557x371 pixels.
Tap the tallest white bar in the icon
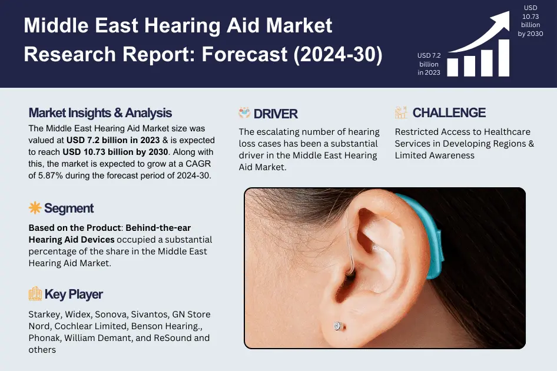503,58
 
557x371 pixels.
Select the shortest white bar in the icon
452,67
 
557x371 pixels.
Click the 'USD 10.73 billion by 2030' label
530,21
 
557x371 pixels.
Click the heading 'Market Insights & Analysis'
100,113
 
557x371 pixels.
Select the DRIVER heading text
276,114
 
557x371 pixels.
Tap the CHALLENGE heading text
449,113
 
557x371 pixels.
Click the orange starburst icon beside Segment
35,208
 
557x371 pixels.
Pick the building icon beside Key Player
35,294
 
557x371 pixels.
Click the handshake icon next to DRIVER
244,113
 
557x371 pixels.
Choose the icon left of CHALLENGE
401,113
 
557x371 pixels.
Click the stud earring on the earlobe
337,326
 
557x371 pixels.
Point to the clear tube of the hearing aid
349,236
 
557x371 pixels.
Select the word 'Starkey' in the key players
44,314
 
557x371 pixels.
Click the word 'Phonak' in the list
44,338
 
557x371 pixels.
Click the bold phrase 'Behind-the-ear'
159,227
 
